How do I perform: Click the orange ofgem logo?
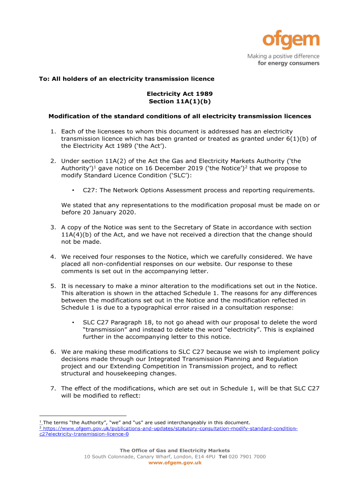[x=290, y=41]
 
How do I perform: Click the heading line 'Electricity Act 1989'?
[x=180, y=94]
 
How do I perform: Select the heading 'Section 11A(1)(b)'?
[x=180, y=101]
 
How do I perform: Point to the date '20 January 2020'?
[x=108, y=212]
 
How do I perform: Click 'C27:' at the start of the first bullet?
[x=90, y=190]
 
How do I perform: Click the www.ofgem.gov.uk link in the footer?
[x=175, y=463]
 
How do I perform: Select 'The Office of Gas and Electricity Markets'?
[x=175, y=450]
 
